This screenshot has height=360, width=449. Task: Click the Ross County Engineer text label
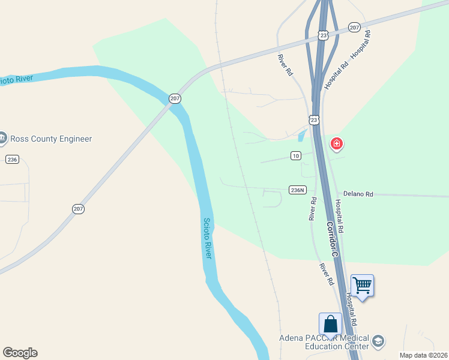point(51,139)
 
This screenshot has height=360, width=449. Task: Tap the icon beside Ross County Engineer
point(2,139)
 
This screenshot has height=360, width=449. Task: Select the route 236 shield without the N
point(12,159)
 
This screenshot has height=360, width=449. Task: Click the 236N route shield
point(298,190)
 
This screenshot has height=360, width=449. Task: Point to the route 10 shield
point(295,156)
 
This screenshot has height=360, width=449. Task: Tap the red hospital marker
point(337,144)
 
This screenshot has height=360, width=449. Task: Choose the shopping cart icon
point(362,285)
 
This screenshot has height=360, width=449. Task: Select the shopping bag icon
point(330,324)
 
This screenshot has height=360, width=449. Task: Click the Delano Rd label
point(358,194)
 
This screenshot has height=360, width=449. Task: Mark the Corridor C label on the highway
point(333,239)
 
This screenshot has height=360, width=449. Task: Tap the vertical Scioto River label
point(207,238)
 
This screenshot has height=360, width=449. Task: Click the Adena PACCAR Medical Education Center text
point(324,342)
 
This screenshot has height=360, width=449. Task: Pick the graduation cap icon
point(378,341)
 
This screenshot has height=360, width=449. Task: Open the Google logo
point(20,353)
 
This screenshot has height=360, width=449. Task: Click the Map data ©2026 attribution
point(424,355)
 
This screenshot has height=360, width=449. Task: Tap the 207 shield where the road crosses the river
point(175,98)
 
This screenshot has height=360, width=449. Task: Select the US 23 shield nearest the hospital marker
point(315,120)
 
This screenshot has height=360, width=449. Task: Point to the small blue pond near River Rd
point(301,136)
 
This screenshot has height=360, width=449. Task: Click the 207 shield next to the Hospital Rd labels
point(354,28)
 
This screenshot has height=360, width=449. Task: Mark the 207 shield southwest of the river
point(78,209)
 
